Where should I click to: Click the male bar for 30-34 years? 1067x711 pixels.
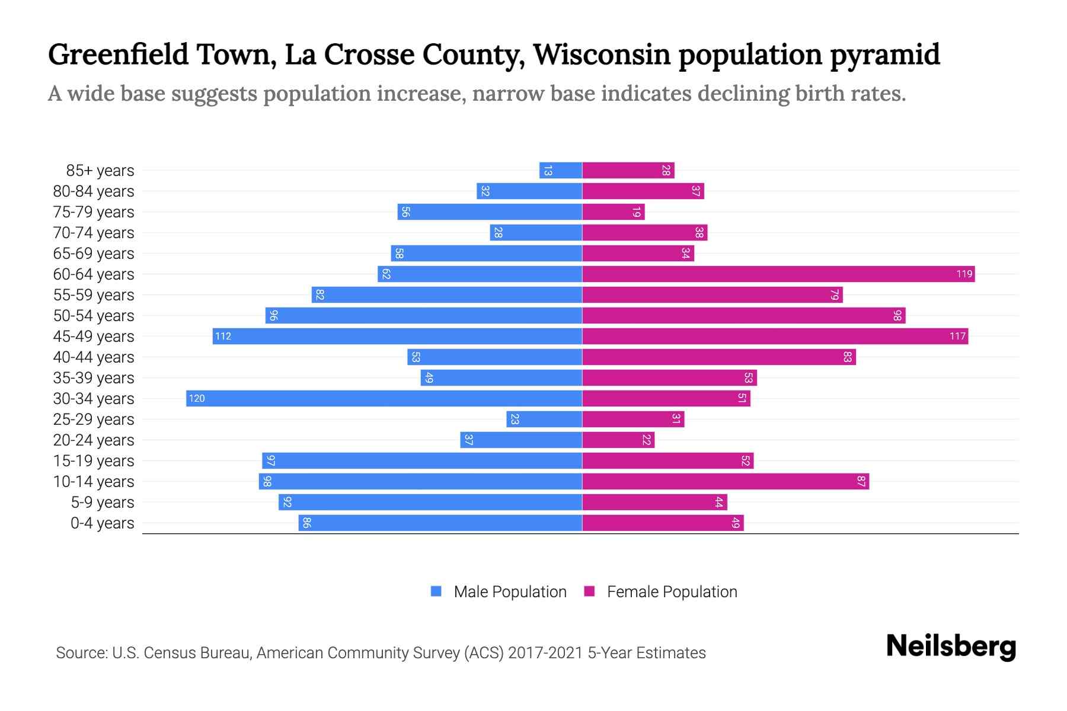click(x=384, y=398)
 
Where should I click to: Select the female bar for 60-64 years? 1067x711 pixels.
click(x=778, y=274)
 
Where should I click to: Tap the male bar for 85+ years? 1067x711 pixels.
click(x=561, y=170)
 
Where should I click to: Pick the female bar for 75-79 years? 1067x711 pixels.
click(x=613, y=212)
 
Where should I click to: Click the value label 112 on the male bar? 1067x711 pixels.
click(x=223, y=337)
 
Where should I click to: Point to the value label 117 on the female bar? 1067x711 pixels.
click(x=957, y=337)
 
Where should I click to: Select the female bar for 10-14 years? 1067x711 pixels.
click(x=726, y=481)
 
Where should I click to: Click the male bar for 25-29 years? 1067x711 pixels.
click(x=544, y=419)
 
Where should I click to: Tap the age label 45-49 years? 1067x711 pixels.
click(x=94, y=337)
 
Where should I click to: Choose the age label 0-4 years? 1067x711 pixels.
click(x=102, y=523)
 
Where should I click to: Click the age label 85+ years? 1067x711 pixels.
click(x=100, y=171)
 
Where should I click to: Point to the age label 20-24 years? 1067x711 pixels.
click(x=94, y=440)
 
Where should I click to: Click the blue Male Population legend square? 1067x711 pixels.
click(x=436, y=591)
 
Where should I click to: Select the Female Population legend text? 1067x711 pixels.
click(x=672, y=591)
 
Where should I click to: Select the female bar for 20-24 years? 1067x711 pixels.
click(x=618, y=440)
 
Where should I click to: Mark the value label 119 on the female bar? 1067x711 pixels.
click(x=964, y=274)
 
